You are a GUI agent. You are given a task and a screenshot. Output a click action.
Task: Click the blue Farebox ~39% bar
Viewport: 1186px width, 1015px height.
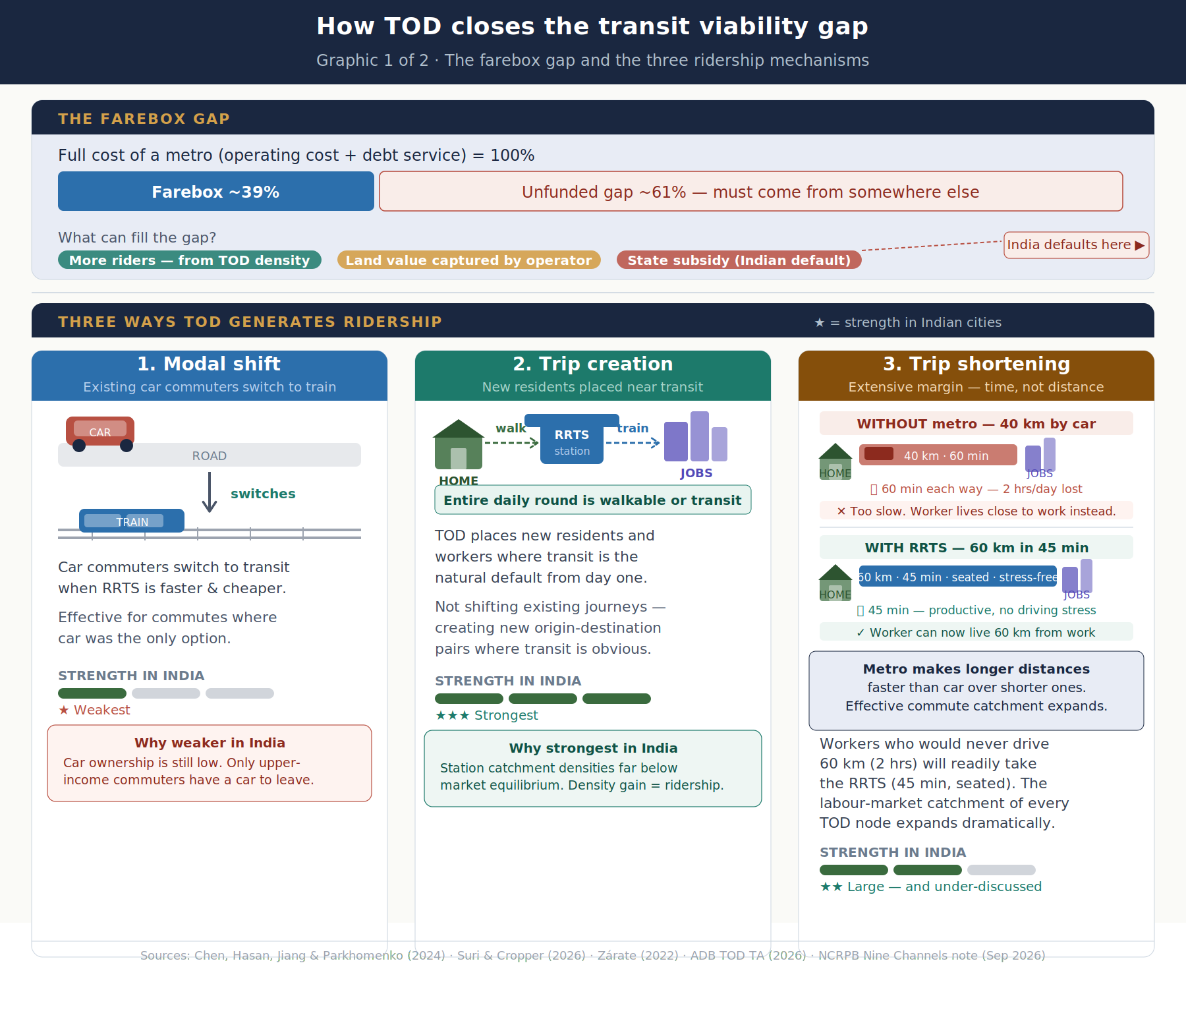click(216, 191)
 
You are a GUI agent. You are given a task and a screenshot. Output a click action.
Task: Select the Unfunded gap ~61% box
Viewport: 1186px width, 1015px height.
click(751, 191)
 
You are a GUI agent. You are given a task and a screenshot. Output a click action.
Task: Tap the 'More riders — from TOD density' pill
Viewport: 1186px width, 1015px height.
click(190, 260)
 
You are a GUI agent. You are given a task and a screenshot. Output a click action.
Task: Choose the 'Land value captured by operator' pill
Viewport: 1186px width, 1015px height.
click(469, 260)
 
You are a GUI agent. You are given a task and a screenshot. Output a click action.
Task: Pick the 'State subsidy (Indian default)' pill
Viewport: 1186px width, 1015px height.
click(739, 260)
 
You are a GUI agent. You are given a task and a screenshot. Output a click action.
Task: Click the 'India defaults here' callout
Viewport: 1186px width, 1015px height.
click(1077, 245)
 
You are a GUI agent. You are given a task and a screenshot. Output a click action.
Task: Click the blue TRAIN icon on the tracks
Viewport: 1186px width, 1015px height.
click(132, 521)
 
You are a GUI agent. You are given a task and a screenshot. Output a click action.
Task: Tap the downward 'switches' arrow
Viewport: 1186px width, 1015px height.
click(210, 492)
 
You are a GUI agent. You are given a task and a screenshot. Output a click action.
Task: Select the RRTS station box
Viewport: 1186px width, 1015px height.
click(572, 438)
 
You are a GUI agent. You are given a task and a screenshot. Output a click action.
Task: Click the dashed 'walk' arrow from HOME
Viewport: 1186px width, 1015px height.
click(512, 443)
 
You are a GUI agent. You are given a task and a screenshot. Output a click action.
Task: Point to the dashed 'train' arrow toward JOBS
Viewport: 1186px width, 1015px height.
click(633, 443)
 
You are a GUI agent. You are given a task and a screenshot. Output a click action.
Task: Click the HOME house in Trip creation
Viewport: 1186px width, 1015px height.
click(459, 444)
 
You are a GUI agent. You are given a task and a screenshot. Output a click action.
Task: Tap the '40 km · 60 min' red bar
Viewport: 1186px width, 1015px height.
click(938, 455)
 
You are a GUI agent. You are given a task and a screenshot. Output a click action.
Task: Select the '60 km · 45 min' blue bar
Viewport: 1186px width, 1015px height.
click(958, 577)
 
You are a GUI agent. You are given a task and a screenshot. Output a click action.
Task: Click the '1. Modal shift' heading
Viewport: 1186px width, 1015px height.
click(209, 364)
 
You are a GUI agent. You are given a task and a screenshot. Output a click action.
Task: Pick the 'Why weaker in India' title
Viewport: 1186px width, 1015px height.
click(210, 743)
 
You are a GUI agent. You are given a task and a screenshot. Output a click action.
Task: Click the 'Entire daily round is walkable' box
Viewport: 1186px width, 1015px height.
click(593, 500)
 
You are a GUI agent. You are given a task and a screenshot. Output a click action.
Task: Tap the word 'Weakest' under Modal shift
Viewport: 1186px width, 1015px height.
click(102, 710)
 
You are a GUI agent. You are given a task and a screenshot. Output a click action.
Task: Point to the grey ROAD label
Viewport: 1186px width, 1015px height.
click(210, 456)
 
